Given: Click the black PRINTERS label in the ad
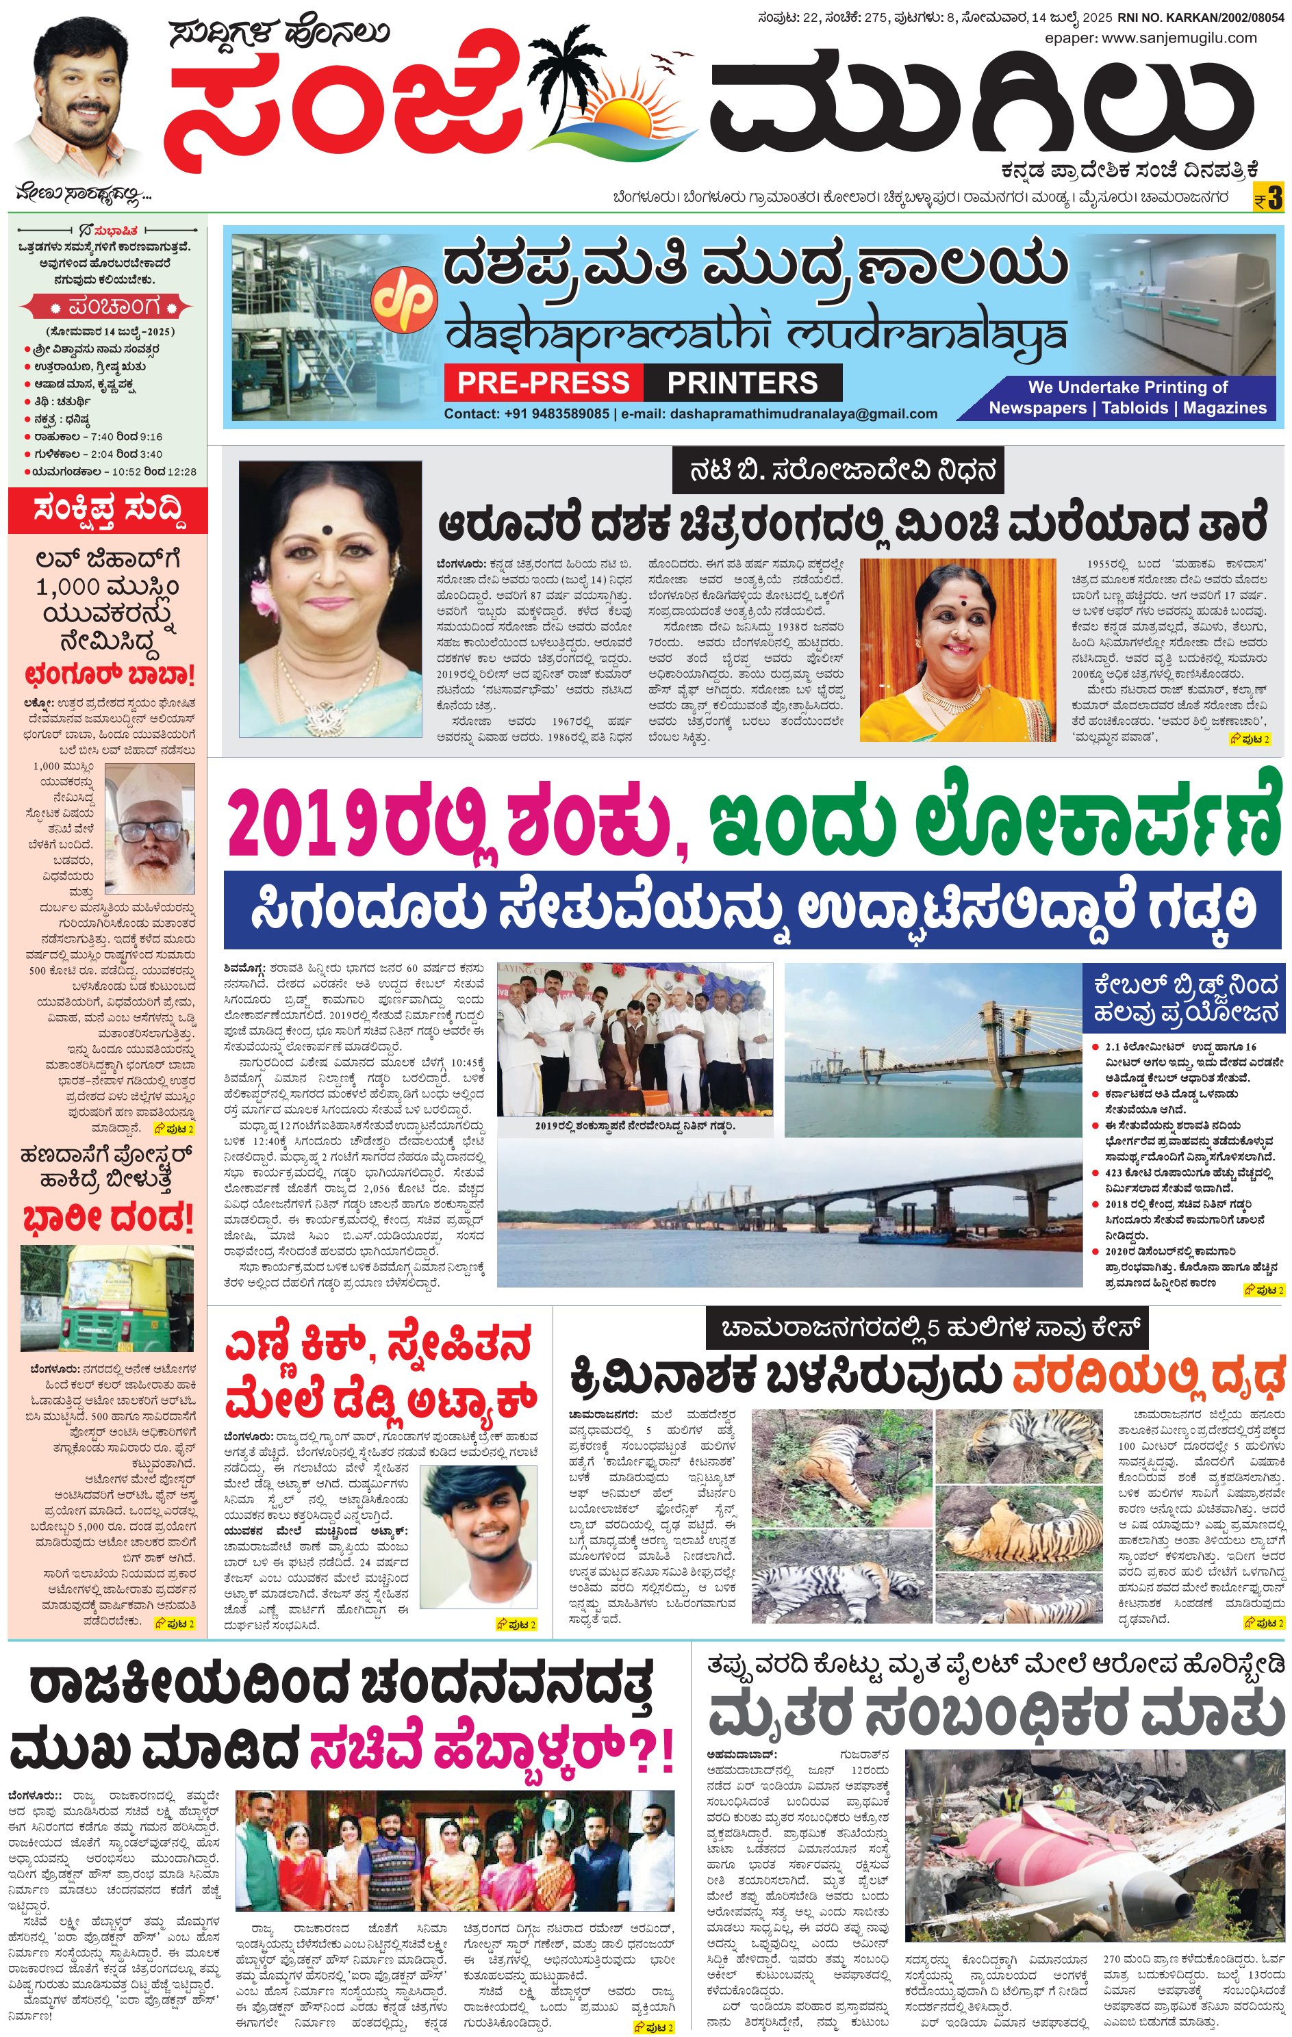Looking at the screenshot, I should pyautogui.click(x=742, y=383).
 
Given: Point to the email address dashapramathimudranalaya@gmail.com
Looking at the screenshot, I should pyautogui.click(x=803, y=413).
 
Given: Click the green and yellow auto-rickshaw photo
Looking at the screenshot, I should pyautogui.click(x=107, y=1297).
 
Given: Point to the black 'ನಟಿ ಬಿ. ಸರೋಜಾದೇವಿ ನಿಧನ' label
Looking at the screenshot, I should pyautogui.click(x=837, y=470).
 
